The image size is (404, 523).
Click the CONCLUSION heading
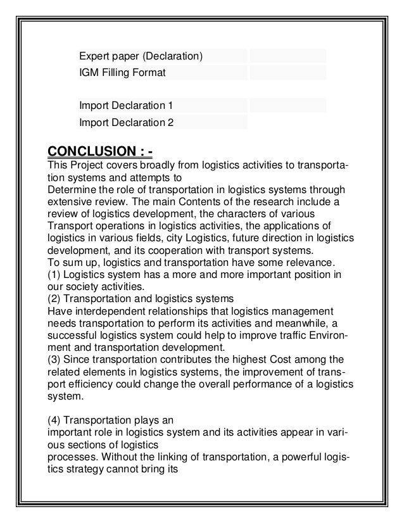coord(100,153)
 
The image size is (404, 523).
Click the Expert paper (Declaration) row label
coord(141,56)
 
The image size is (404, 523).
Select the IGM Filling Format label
coord(122,73)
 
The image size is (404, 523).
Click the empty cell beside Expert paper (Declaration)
coord(287,56)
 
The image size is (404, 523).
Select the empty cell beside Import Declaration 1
coord(287,104)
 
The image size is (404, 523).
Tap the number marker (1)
coord(55,274)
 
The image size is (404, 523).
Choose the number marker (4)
coord(55,419)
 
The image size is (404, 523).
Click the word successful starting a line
coord(72,334)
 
